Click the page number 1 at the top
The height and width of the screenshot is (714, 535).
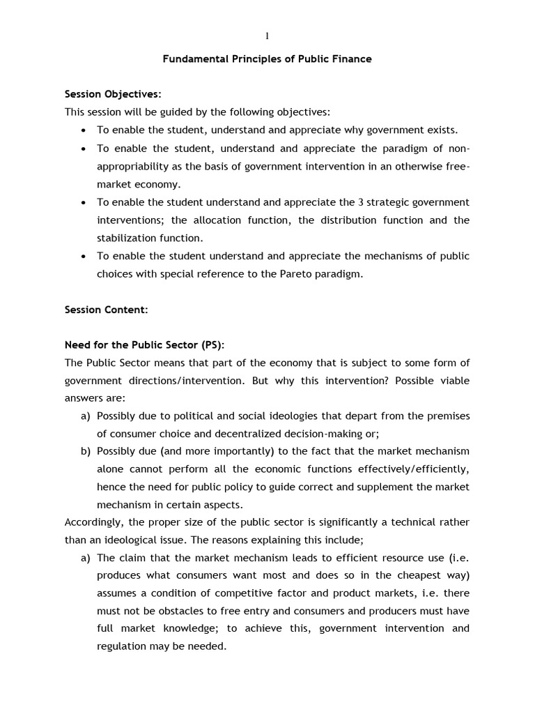coord(267,36)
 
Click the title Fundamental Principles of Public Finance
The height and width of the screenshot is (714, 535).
coord(267,59)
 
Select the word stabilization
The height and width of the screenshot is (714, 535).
coord(126,238)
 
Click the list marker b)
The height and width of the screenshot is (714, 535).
coord(86,451)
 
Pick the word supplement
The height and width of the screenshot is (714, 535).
coord(380,487)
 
